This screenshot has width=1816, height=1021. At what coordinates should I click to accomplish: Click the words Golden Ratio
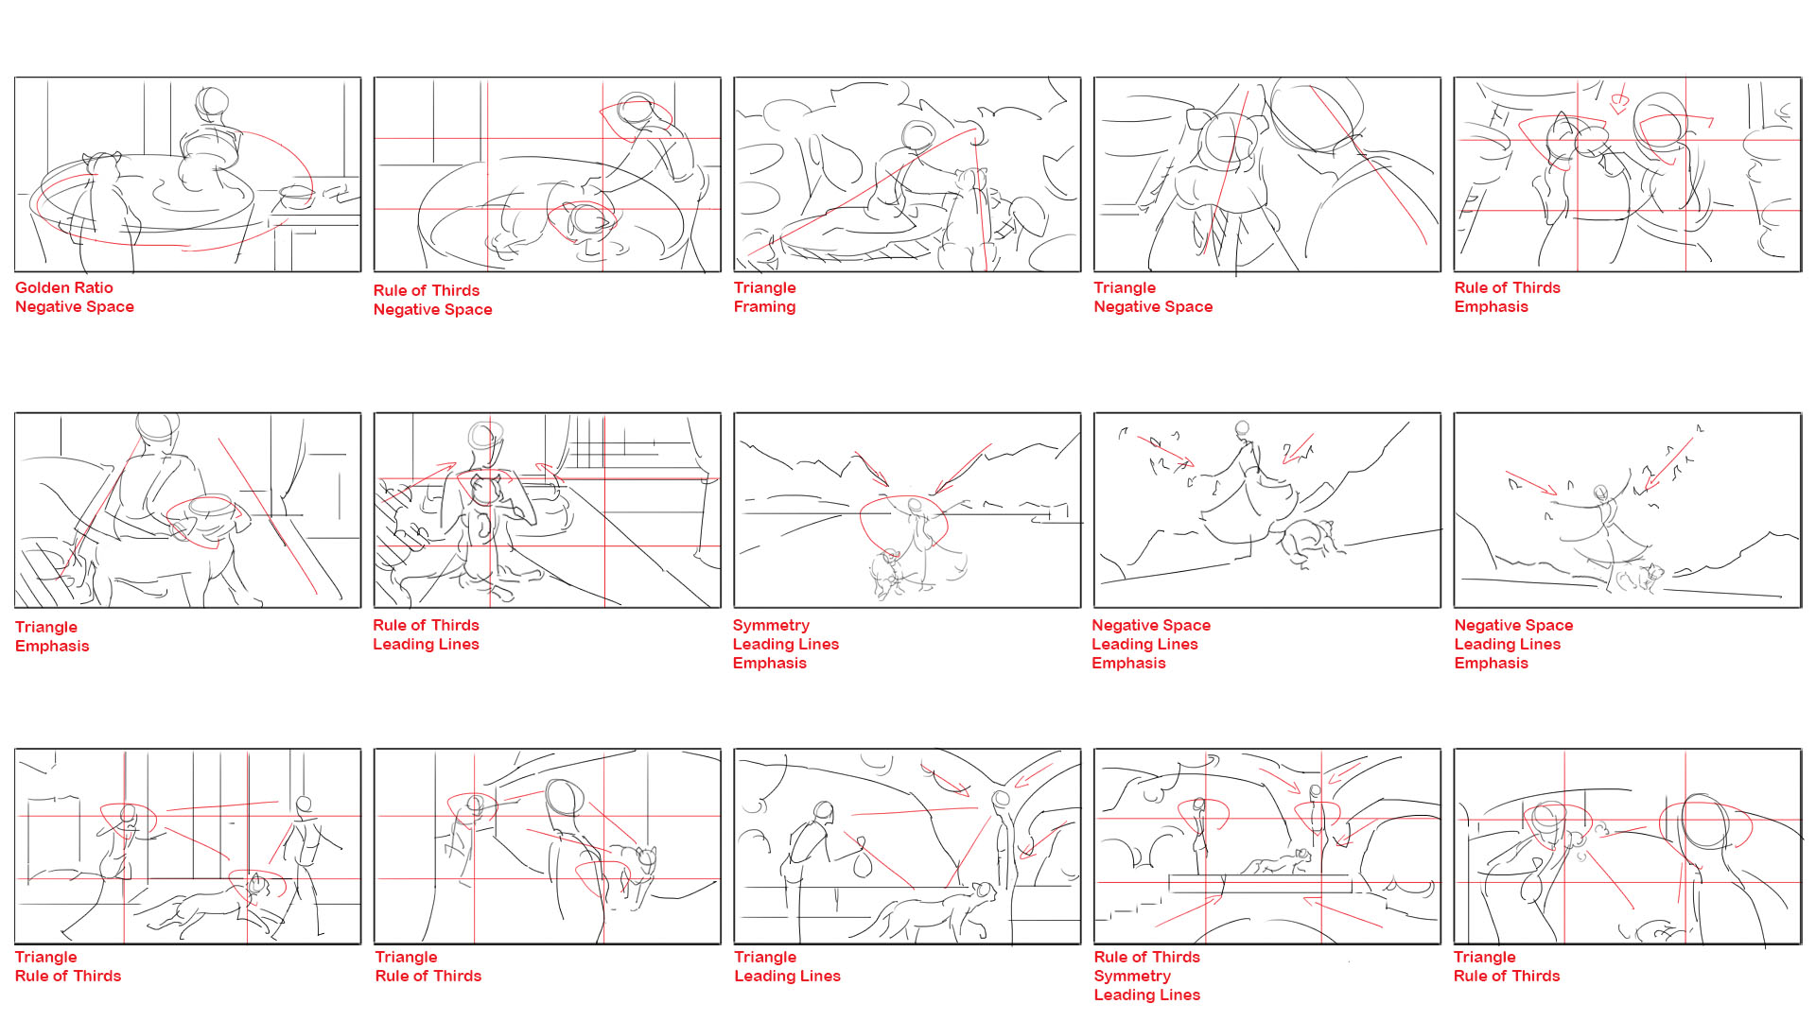tap(64, 287)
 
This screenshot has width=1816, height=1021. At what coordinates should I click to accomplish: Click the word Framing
tap(764, 306)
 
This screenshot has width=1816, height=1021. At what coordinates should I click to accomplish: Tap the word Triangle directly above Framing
tap(764, 287)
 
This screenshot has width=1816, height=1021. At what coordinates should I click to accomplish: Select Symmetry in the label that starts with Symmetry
tap(771, 625)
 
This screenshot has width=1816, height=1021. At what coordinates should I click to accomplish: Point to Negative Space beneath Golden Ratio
tap(75, 306)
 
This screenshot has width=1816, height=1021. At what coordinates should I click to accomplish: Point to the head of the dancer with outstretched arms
tap(1600, 493)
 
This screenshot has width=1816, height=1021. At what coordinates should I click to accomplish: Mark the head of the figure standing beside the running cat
tap(304, 805)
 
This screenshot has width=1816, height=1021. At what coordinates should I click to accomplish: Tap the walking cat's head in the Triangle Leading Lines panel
tap(984, 891)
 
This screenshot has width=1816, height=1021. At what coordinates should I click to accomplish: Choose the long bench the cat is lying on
tap(1261, 884)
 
